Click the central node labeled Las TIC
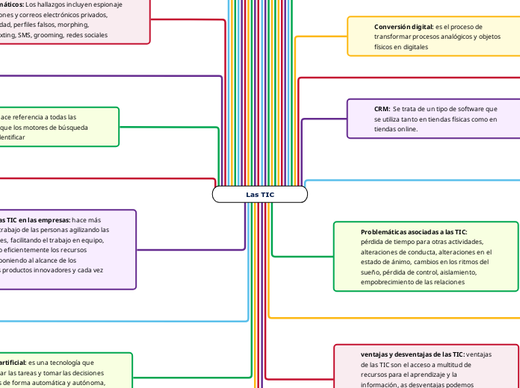(x=260, y=195)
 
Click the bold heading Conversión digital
(x=403, y=27)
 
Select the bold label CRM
(x=382, y=109)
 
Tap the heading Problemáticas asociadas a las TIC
(x=413, y=232)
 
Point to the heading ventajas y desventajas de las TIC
(x=412, y=354)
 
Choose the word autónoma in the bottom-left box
(x=89, y=383)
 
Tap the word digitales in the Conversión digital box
(x=411, y=46)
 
